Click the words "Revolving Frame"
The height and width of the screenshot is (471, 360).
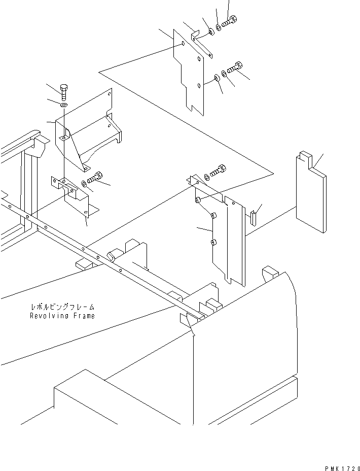coord(62,316)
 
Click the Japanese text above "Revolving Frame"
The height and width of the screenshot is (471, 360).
coord(62,308)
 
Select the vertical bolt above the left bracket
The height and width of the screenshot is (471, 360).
coord(64,92)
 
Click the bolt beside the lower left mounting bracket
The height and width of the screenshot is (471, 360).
coord(96,178)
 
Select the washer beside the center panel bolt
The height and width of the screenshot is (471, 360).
coord(206,177)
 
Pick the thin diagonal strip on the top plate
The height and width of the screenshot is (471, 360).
coord(202,45)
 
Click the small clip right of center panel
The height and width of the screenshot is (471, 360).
coord(253,217)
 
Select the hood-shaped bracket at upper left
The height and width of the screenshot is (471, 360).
coord(89,129)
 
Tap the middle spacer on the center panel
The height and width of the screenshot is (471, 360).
coord(213,217)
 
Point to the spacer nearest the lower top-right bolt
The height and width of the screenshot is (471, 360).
coord(217,77)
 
